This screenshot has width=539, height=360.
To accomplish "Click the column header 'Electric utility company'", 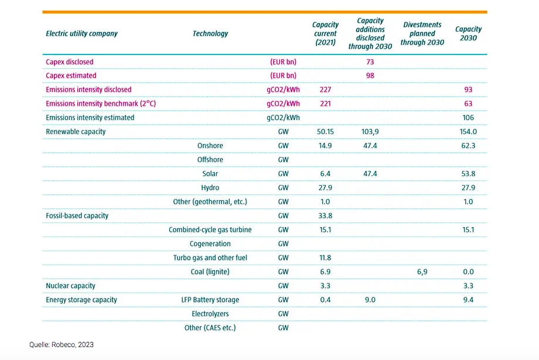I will coord(81,33).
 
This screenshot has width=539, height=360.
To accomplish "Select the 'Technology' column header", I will coord(210,33).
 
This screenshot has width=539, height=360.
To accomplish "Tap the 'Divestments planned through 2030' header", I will coord(422,33).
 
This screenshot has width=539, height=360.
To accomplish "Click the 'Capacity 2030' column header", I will coord(468,33).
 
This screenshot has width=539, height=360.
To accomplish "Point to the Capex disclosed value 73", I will coord(370,61).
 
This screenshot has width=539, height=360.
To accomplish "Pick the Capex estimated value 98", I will coord(370,76).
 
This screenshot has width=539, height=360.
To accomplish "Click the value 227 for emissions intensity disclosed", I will coord(325,90).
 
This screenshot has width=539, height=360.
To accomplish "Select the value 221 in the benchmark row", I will coord(325,104).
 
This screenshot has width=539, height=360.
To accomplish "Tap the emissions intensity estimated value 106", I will coord(468,118).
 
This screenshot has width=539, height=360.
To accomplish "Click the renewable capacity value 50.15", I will coord(325,132).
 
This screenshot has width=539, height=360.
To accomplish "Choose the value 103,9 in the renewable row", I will coord(370,132).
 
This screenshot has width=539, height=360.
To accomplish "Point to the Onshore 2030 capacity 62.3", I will coord(468,146).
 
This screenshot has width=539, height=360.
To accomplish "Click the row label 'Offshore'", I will coord(210,160).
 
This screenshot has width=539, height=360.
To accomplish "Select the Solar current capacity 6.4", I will coord(325,174).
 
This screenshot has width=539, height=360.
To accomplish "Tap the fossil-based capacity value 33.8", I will coord(325,216).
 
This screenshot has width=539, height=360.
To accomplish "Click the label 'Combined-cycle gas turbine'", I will coord(210,230).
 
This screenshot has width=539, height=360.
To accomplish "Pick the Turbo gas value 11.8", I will coord(325,258).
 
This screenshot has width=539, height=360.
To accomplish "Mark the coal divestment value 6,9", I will coord(422,272).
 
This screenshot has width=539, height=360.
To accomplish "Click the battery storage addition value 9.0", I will coord(370,300).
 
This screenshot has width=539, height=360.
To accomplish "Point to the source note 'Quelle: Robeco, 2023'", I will coord(62,345).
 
